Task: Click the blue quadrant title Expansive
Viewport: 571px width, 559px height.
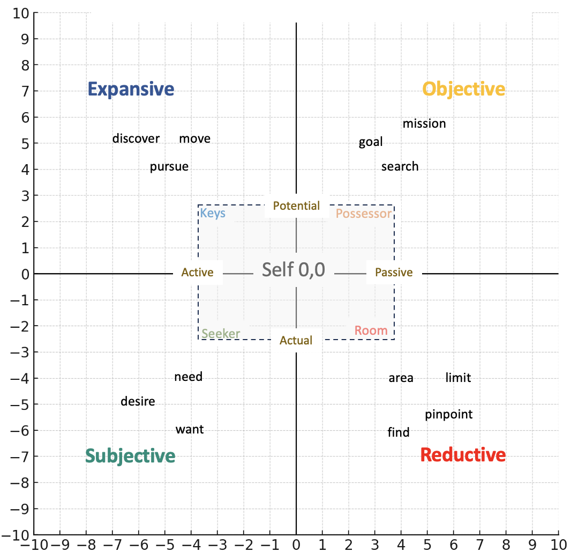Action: (131, 89)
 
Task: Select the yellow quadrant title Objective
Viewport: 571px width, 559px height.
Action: (463, 89)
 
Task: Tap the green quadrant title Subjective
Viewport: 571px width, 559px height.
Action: (130, 456)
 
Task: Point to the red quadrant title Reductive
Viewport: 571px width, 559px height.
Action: (463, 455)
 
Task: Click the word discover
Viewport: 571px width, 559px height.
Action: (136, 138)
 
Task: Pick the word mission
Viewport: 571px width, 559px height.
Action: (424, 123)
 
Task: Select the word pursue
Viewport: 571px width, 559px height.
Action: (169, 166)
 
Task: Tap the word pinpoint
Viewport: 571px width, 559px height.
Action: (449, 414)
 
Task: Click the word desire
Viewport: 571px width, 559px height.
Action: (138, 401)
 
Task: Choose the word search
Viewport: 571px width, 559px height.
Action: (400, 166)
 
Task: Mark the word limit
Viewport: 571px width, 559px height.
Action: (458, 378)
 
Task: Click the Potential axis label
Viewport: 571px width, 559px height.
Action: (296, 205)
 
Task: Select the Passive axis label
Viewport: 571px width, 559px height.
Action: (394, 273)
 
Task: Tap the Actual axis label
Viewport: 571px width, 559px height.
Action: (296, 340)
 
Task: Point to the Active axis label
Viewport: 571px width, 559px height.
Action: (197, 273)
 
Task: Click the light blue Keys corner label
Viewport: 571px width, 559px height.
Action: (213, 214)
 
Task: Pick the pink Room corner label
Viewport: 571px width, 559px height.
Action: (371, 330)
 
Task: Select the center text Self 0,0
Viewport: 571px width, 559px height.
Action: (294, 269)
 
